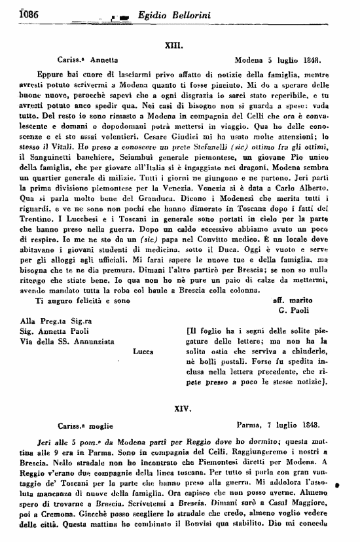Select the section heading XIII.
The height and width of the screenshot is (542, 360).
181,47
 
